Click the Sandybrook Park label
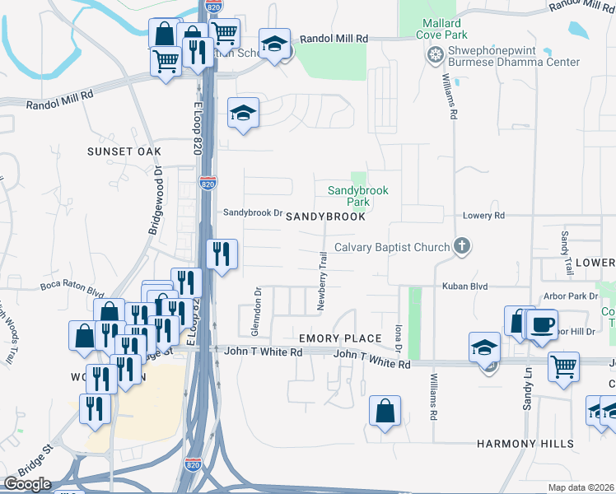tap(357, 195)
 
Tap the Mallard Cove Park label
tap(444, 30)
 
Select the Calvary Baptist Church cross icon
tap(462, 246)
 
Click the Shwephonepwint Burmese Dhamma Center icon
tap(435, 55)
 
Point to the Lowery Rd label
tap(483, 216)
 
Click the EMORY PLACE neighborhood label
tap(340, 338)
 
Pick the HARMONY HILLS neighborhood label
tap(525, 444)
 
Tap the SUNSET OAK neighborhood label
tap(124, 151)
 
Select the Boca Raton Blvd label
tap(72, 289)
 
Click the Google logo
tap(27, 484)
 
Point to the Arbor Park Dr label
tap(571, 296)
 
